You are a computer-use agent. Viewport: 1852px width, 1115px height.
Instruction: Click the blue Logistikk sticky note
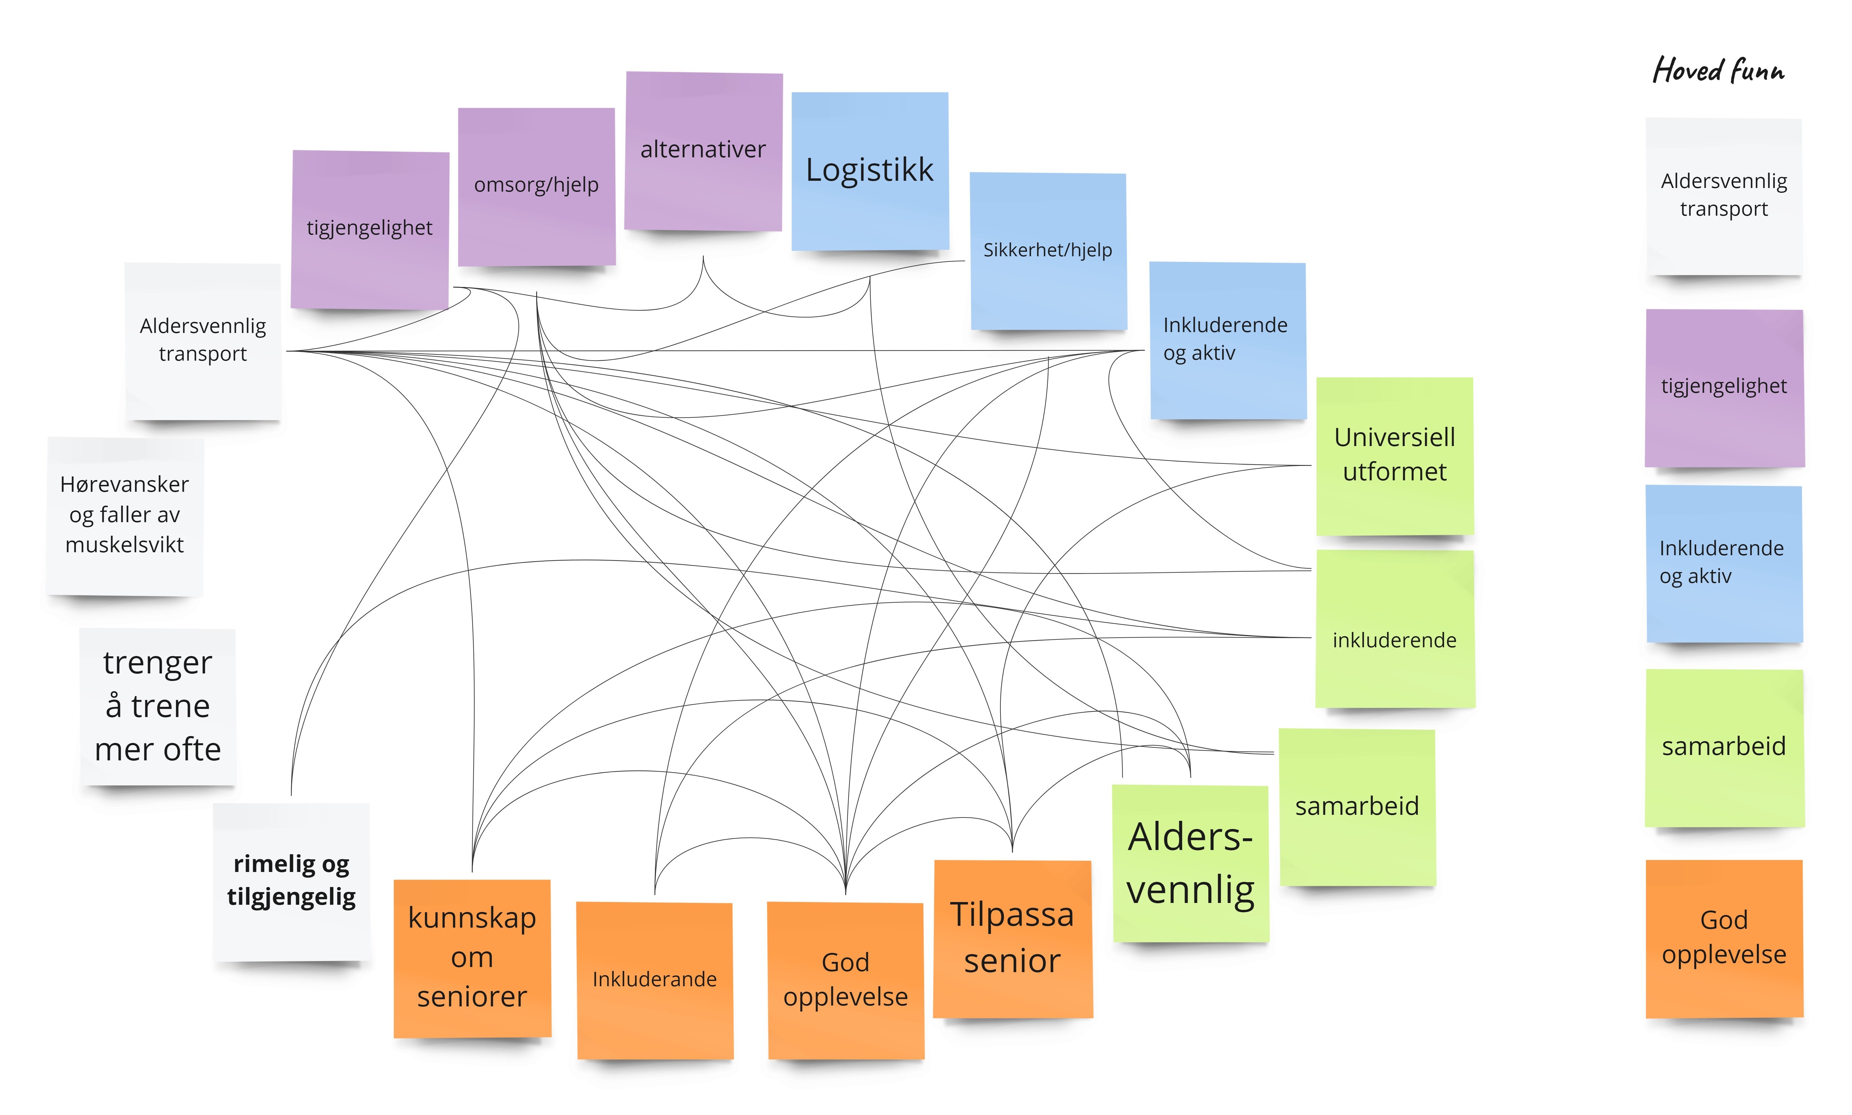pos(870,171)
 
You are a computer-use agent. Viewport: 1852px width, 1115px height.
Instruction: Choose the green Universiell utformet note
pos(1394,455)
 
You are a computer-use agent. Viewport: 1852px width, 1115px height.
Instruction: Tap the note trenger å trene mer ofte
pos(158,706)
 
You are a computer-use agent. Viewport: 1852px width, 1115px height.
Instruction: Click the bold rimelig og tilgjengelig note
pos(292,881)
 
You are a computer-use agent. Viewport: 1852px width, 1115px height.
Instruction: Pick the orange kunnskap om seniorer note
pos(472,958)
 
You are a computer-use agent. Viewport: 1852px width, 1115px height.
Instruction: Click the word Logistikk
pos(870,170)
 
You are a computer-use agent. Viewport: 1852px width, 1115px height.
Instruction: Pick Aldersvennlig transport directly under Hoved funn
pos(1724,195)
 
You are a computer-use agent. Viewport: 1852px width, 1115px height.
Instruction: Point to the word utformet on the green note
pos(1394,472)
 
